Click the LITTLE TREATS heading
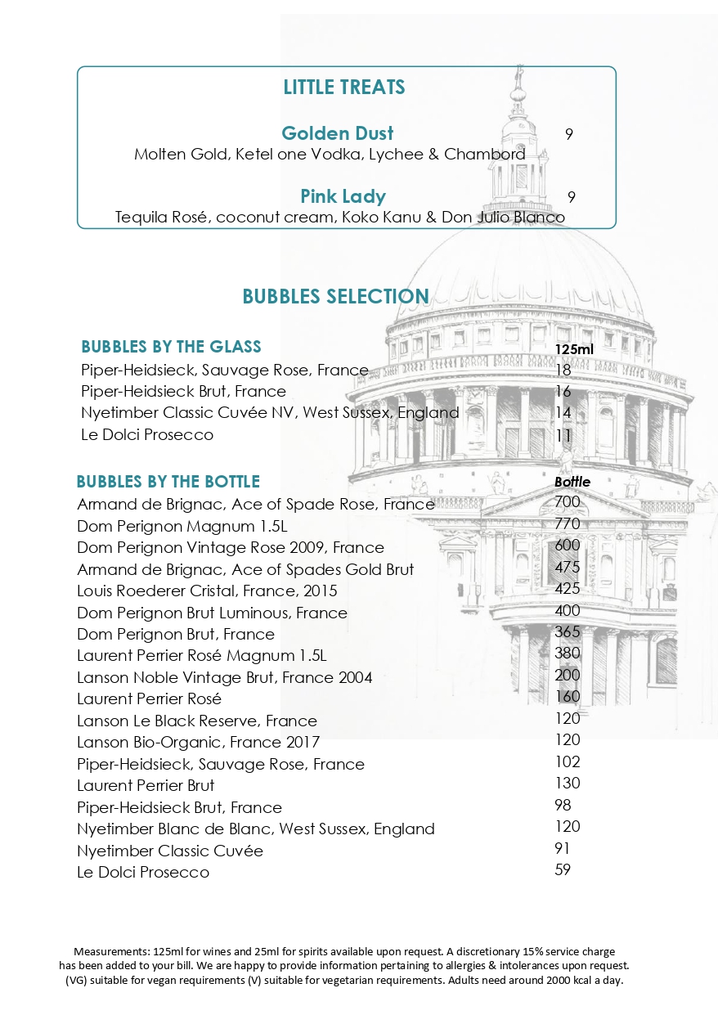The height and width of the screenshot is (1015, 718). [343, 87]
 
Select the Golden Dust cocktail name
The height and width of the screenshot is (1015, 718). [337, 133]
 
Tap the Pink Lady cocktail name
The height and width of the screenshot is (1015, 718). [343, 196]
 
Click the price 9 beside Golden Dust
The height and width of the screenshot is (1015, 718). [569, 134]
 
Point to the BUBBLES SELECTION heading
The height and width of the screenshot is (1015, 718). [335, 296]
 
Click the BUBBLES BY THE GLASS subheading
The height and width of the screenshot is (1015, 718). [171, 347]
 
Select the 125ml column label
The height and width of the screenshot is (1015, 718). [574, 349]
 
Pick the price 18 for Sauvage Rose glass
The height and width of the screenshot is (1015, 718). [563, 370]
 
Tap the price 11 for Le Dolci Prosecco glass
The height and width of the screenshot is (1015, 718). [563, 435]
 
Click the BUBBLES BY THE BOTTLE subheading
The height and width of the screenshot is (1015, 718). [168, 481]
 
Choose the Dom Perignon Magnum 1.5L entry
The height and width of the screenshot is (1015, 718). [182, 526]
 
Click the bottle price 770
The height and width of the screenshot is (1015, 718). [567, 523]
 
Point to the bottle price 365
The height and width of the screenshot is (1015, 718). [567, 631]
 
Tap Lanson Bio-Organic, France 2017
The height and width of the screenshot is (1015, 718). [198, 743]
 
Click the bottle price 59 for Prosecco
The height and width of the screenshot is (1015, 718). [563, 869]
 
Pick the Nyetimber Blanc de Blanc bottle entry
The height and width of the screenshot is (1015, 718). [255, 829]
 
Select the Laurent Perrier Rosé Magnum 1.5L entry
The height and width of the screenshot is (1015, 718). [201, 656]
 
